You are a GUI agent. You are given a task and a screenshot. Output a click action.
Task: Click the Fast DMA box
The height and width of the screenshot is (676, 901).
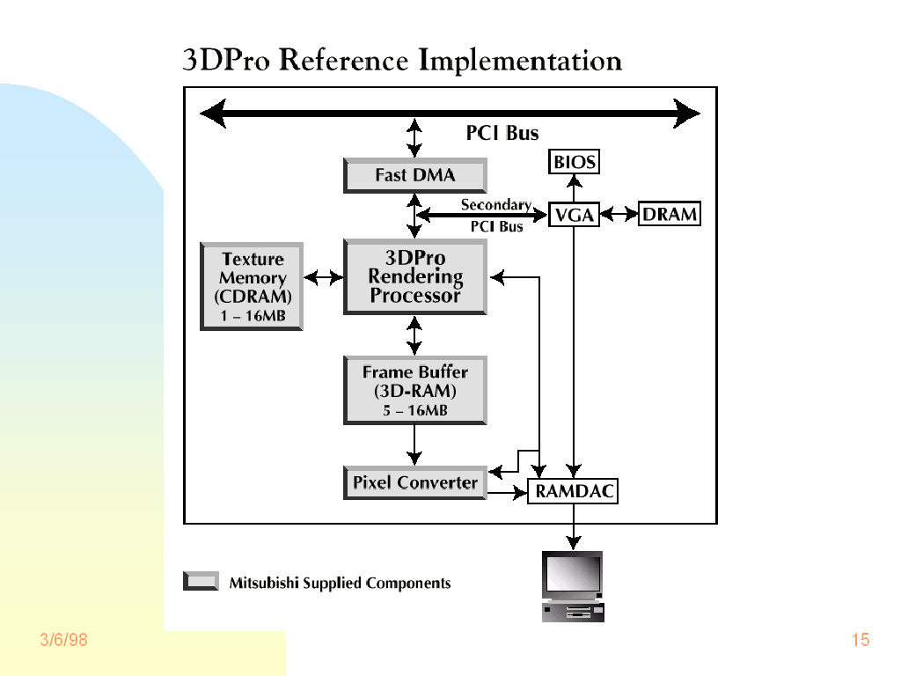pyautogui.click(x=414, y=175)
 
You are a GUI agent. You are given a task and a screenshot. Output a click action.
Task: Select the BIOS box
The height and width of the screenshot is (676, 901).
pyautogui.click(x=574, y=162)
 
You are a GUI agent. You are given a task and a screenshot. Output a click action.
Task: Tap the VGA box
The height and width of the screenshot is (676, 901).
pyautogui.click(x=574, y=215)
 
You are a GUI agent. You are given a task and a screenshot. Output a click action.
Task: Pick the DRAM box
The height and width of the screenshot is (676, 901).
pyautogui.click(x=669, y=214)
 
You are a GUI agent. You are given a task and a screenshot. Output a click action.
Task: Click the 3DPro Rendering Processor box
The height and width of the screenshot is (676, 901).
pyautogui.click(x=414, y=276)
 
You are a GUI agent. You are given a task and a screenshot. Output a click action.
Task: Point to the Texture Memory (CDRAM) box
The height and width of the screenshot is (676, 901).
pyautogui.click(x=252, y=286)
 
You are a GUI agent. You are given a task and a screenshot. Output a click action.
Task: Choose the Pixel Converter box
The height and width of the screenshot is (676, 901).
pyautogui.click(x=414, y=482)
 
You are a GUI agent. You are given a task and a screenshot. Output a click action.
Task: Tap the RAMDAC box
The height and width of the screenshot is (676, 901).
pyautogui.click(x=574, y=492)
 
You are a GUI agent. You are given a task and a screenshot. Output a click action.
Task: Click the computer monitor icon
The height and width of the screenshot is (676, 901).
pyautogui.click(x=573, y=585)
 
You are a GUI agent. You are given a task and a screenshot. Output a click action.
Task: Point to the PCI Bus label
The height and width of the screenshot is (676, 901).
pyautogui.click(x=502, y=134)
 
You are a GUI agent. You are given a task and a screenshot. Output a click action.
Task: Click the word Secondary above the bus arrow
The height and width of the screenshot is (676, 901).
pyautogui.click(x=495, y=204)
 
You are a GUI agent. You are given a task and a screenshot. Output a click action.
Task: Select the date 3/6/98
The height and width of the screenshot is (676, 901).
pyautogui.click(x=64, y=640)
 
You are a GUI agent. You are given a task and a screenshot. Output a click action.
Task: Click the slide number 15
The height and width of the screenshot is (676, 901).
pyautogui.click(x=861, y=640)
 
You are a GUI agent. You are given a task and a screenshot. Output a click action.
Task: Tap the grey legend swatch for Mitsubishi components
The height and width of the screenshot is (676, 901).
pyautogui.click(x=201, y=581)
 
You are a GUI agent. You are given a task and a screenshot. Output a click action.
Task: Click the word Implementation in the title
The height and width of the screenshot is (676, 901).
pyautogui.click(x=520, y=62)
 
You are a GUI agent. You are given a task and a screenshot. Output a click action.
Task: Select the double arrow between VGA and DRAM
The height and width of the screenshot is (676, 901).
pyautogui.click(x=619, y=214)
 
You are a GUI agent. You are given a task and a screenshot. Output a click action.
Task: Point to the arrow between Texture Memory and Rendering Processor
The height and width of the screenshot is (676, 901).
pyautogui.click(x=323, y=277)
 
